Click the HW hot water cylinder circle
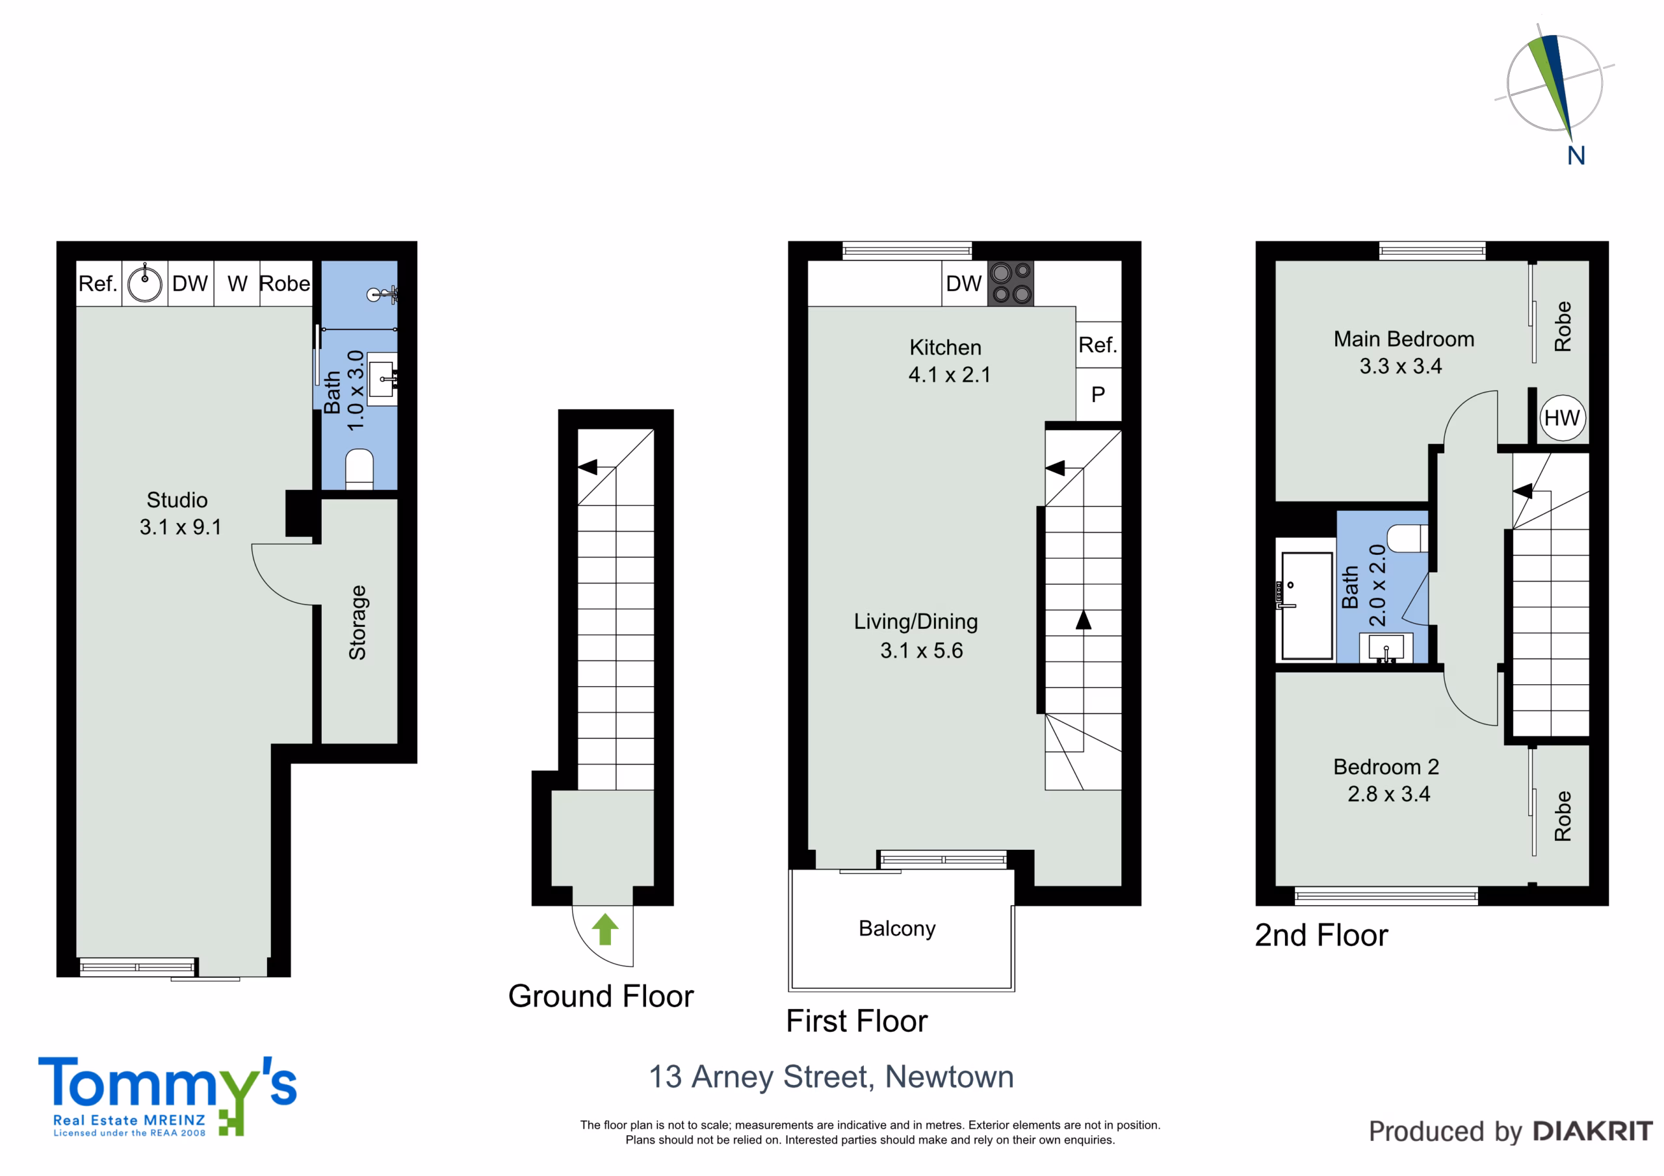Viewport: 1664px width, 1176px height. [x=1563, y=418]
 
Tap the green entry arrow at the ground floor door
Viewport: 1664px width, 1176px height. [x=605, y=929]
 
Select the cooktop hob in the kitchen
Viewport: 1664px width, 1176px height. [x=1011, y=283]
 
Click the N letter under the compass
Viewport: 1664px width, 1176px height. [x=1576, y=155]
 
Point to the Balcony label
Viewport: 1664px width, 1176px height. [x=897, y=928]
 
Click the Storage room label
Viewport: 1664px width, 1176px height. [x=357, y=622]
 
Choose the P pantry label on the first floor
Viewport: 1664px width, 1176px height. [x=1098, y=394]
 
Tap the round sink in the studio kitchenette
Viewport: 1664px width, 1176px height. [x=145, y=283]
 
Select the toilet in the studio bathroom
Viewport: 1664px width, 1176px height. [x=359, y=469]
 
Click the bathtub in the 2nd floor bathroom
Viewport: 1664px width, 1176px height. [x=1306, y=606]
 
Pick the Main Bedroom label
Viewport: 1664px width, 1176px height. [x=1404, y=339]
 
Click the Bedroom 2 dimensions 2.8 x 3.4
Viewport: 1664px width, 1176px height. [x=1388, y=794]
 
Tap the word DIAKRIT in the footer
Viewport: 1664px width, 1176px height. [x=1593, y=1131]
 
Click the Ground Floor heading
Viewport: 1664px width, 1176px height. [x=601, y=996]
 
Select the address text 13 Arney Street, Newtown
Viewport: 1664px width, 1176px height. [x=831, y=1077]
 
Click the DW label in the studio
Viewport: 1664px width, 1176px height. [x=190, y=283]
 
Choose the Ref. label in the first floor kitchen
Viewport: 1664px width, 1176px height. [x=1097, y=345]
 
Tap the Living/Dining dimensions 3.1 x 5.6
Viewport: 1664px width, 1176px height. [x=921, y=650]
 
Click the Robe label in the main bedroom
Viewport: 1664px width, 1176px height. [x=1563, y=327]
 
